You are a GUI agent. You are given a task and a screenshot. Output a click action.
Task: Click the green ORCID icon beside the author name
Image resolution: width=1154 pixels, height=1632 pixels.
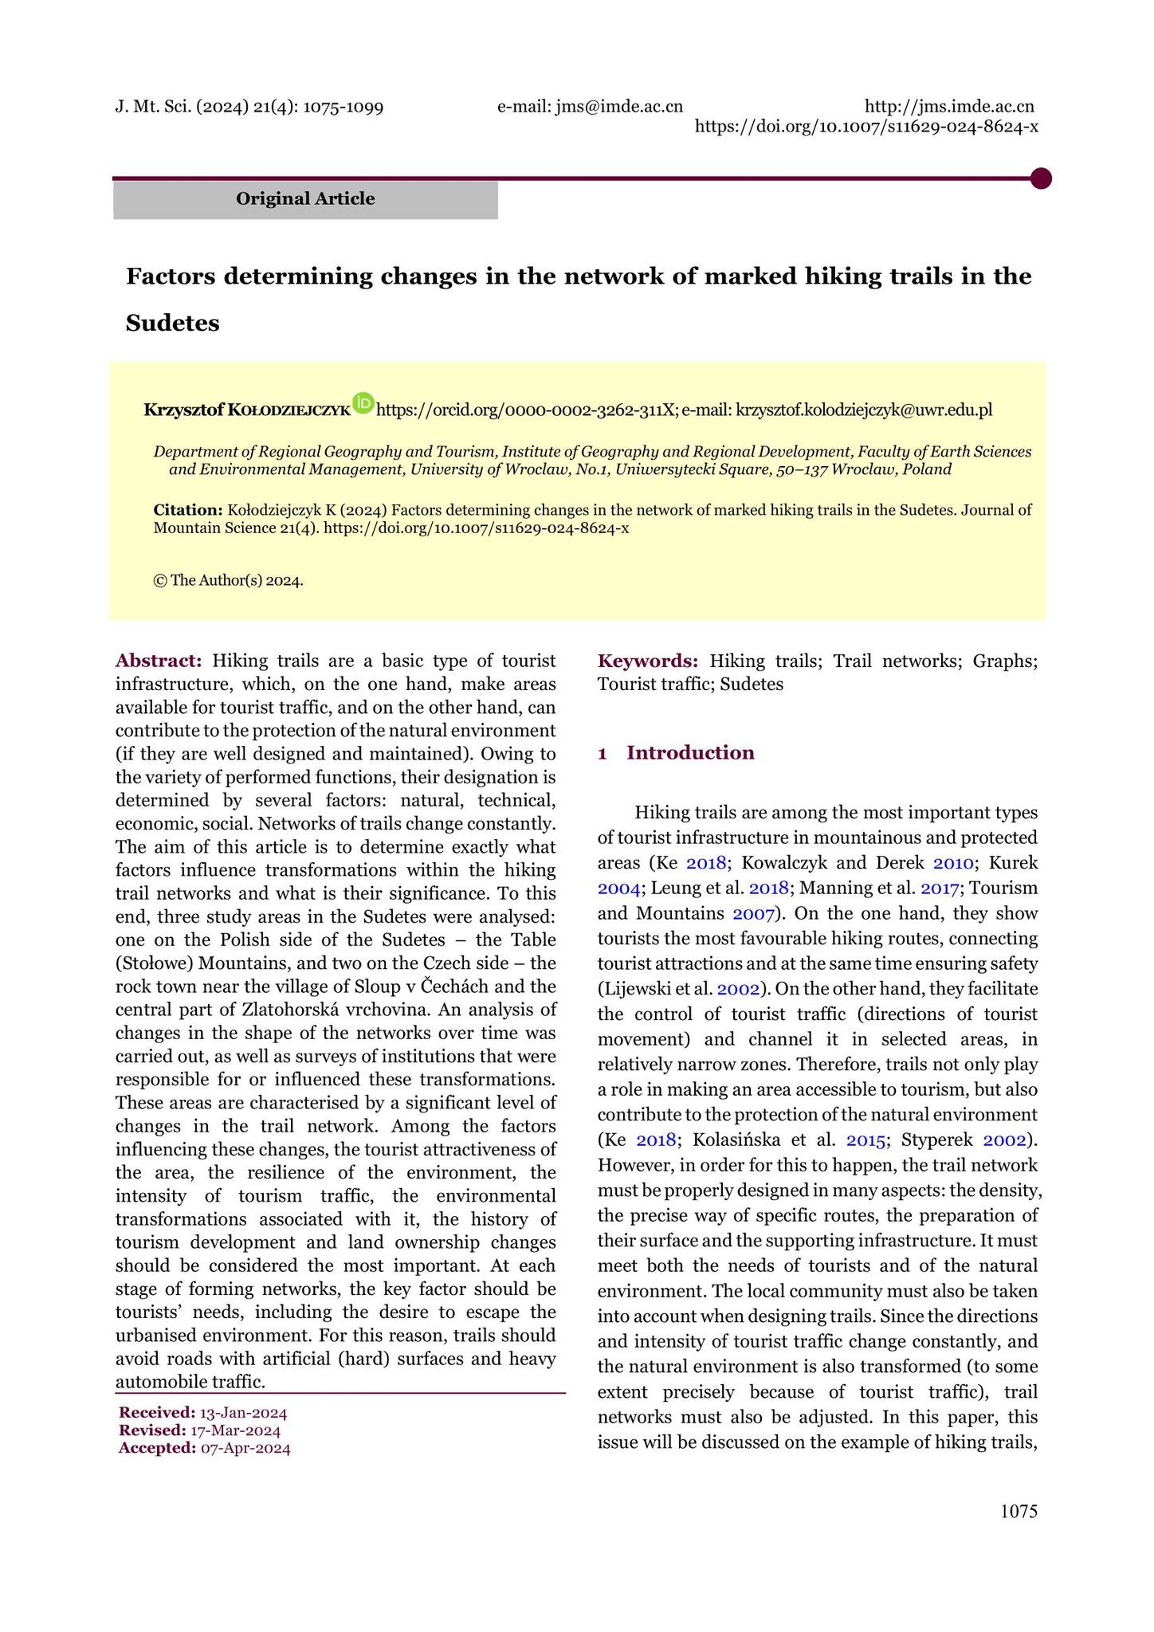point(363,403)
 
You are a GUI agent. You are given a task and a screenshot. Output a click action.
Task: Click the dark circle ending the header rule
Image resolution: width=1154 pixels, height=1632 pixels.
point(1040,178)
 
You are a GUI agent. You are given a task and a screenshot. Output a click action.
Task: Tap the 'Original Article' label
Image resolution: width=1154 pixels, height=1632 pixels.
point(305,199)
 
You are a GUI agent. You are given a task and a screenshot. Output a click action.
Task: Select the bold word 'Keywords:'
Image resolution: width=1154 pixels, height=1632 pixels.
point(648,661)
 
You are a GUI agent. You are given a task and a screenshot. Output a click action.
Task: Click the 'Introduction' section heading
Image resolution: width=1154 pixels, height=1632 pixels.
point(690,753)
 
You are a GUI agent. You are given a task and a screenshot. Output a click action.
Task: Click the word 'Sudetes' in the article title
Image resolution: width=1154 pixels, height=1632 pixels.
point(173,324)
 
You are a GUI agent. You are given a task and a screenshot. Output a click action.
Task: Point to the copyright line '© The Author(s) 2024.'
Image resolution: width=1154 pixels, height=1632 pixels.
point(228,580)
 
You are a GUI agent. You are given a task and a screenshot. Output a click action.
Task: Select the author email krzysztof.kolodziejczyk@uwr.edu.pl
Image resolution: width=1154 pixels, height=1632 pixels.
point(864,410)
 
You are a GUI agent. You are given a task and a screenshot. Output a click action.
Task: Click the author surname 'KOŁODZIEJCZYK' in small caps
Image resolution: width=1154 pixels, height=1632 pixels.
point(288,411)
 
